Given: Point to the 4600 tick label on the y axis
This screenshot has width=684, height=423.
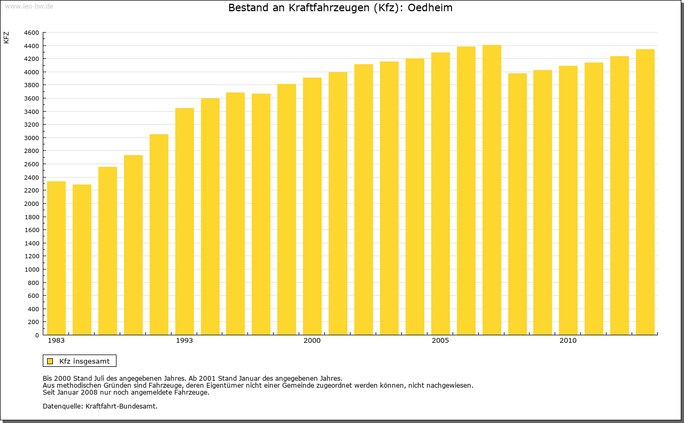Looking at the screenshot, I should click(32, 33).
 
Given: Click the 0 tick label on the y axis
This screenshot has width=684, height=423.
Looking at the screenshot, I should click(36, 335).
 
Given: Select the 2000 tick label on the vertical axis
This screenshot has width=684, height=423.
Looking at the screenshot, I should click(32, 204).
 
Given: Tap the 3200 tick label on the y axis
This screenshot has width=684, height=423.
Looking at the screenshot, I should click(32, 125).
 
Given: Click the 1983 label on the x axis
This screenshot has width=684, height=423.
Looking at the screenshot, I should click(56, 341).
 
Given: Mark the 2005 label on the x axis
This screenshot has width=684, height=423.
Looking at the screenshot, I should click(440, 341).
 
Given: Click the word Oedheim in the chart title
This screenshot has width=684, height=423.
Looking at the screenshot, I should click(430, 8).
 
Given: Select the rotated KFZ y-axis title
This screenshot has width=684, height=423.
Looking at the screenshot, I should click(6, 37).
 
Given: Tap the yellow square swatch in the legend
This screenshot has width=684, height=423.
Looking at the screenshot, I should click(50, 361).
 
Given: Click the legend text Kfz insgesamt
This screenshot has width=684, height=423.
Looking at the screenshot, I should click(84, 361).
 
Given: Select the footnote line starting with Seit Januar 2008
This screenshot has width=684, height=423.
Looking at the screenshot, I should click(126, 392).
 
